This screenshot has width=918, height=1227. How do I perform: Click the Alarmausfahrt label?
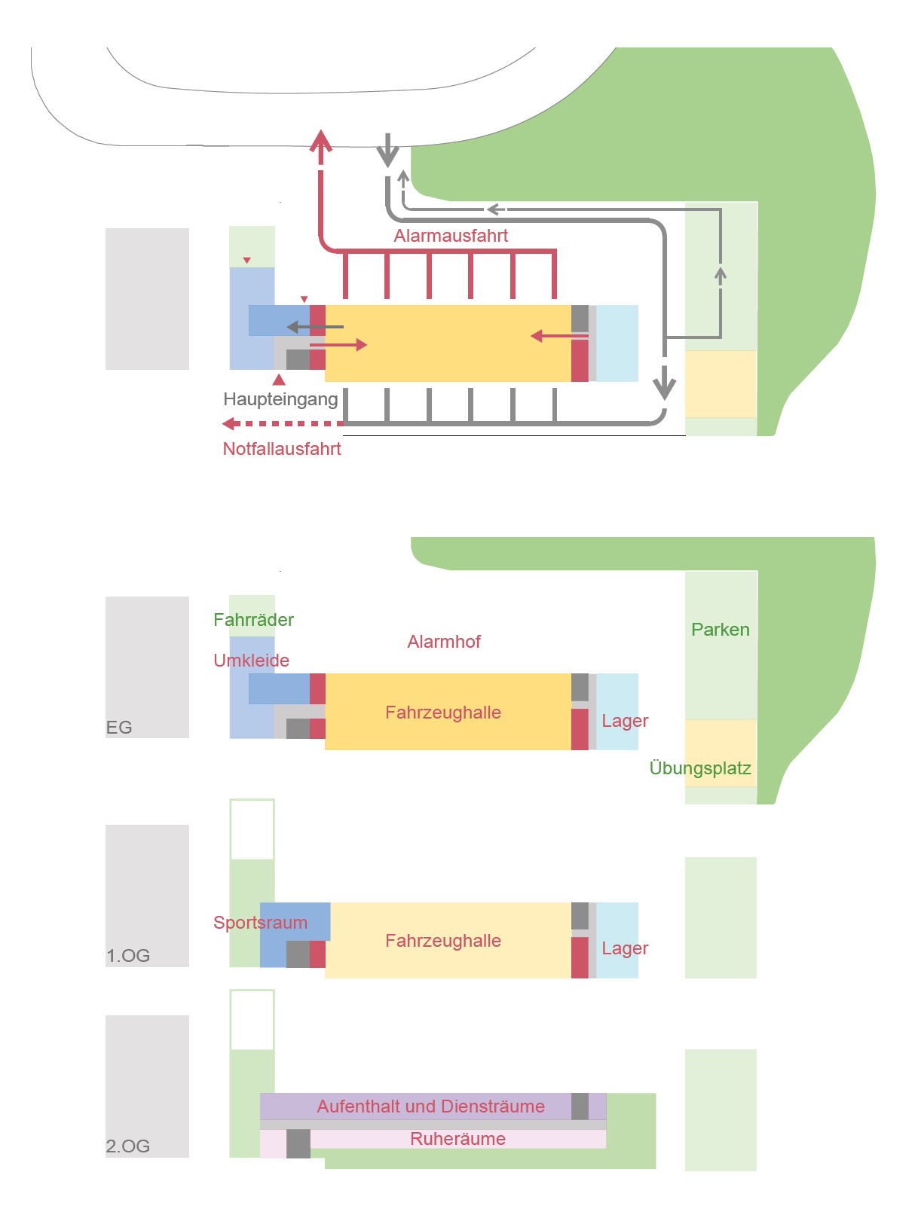point(451,236)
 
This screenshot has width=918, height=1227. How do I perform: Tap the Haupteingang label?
point(280,399)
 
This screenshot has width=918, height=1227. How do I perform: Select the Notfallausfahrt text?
point(282,449)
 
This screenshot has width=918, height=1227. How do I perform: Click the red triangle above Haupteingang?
point(279,380)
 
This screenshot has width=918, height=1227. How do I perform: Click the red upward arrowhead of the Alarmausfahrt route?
point(321,142)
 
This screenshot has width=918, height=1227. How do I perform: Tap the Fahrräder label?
point(253,620)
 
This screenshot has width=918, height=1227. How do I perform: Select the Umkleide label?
point(251,661)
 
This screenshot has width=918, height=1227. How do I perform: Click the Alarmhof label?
point(444,642)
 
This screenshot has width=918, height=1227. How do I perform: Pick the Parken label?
point(720,630)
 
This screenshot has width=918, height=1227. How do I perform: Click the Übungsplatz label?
point(700,768)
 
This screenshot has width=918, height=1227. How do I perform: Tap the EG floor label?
point(119,728)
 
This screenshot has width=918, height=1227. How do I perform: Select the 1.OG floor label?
point(128,956)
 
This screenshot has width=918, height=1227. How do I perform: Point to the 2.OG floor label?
point(128,1146)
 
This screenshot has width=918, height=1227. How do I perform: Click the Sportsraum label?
point(260,923)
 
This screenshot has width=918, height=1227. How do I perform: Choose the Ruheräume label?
point(457,1139)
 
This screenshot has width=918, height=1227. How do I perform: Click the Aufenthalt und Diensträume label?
point(430,1106)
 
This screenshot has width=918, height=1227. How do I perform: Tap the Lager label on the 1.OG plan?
point(625,948)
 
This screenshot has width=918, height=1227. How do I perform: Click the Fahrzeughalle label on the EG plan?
point(443,713)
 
